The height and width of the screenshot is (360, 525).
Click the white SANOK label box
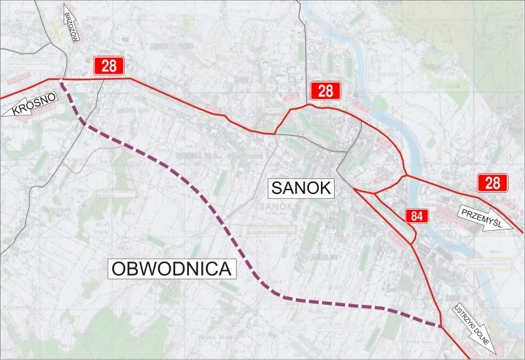click(x=302, y=188)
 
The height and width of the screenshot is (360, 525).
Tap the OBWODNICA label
click(x=173, y=268)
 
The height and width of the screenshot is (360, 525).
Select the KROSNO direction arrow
click(x=30, y=105)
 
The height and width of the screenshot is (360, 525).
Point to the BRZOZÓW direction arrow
click(x=72, y=24)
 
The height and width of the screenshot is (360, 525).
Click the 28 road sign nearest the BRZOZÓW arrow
click(x=109, y=66)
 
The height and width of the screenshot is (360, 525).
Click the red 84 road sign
click(x=416, y=216)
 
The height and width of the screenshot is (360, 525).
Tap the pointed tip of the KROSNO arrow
click(x=5, y=114)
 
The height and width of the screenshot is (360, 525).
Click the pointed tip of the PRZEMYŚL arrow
click(x=511, y=230)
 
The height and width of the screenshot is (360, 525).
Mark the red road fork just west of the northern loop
click(x=275, y=133)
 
